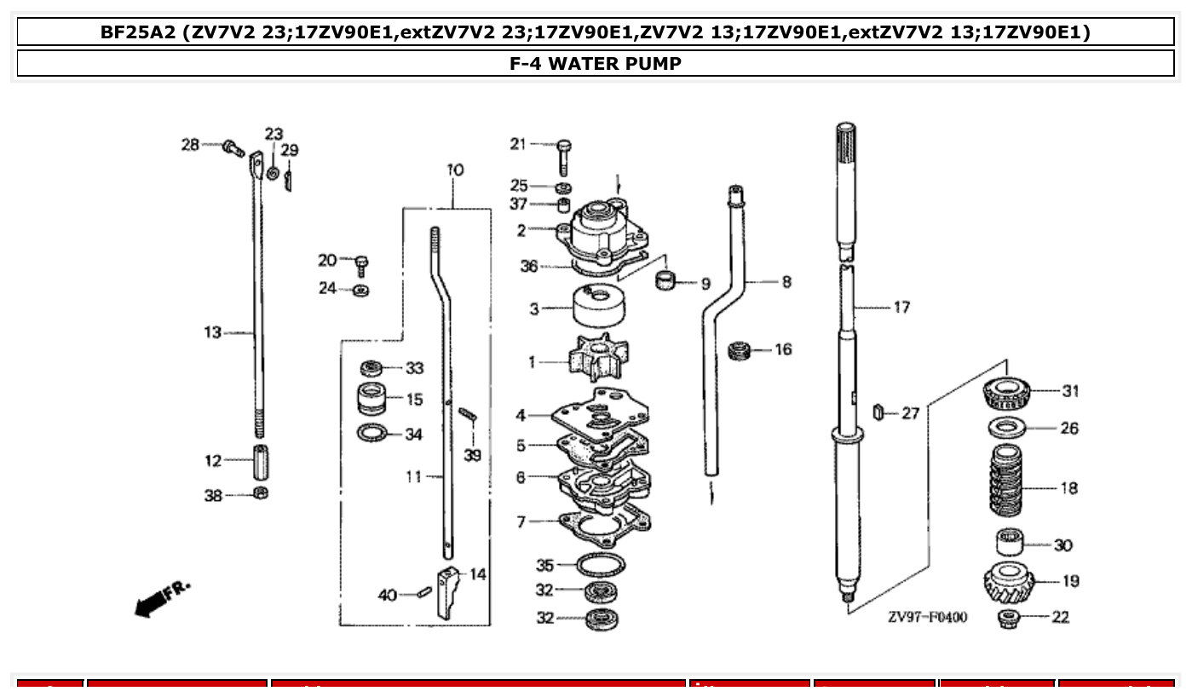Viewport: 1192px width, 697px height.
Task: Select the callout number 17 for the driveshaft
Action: coord(901,308)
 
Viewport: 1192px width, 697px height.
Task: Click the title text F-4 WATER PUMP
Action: coord(596,63)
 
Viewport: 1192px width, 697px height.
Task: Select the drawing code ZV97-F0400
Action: coord(927,617)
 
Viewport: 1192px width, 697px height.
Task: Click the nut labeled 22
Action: coord(1009,617)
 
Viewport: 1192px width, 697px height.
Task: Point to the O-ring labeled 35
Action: coord(600,565)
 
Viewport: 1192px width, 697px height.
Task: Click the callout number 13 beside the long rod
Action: coord(212,332)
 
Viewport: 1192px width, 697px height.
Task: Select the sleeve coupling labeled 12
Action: coord(261,461)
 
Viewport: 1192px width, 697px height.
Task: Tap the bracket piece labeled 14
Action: coord(448,590)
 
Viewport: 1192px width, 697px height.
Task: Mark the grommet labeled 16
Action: coord(740,349)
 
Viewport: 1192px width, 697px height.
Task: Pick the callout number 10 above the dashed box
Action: coord(455,170)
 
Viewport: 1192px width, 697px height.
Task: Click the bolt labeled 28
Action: coord(233,149)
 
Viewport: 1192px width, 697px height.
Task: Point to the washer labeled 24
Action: coord(360,290)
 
